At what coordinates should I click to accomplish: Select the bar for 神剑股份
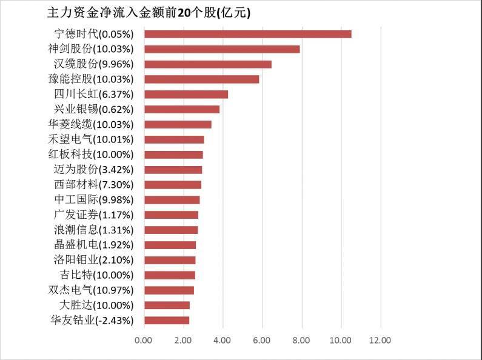pyautogui.click(x=222, y=49)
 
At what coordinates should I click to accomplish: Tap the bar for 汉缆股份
pyautogui.click(x=208, y=64)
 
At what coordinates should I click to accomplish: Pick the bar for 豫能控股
pyautogui.click(x=201, y=79)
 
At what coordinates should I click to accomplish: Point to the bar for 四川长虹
pyautogui.click(x=186, y=94)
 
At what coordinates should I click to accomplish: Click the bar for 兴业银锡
pyautogui.click(x=182, y=109)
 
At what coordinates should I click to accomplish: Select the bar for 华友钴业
pyautogui.click(x=167, y=320)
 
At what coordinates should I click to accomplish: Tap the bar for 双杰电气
pyautogui.click(x=169, y=290)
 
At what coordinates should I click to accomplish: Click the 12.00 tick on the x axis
pyautogui.click(x=380, y=340)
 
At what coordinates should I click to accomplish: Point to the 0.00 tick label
pyautogui.click(x=144, y=340)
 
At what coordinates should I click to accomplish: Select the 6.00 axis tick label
pyautogui.click(x=262, y=340)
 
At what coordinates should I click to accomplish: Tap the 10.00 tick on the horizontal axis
pyautogui.click(x=341, y=340)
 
